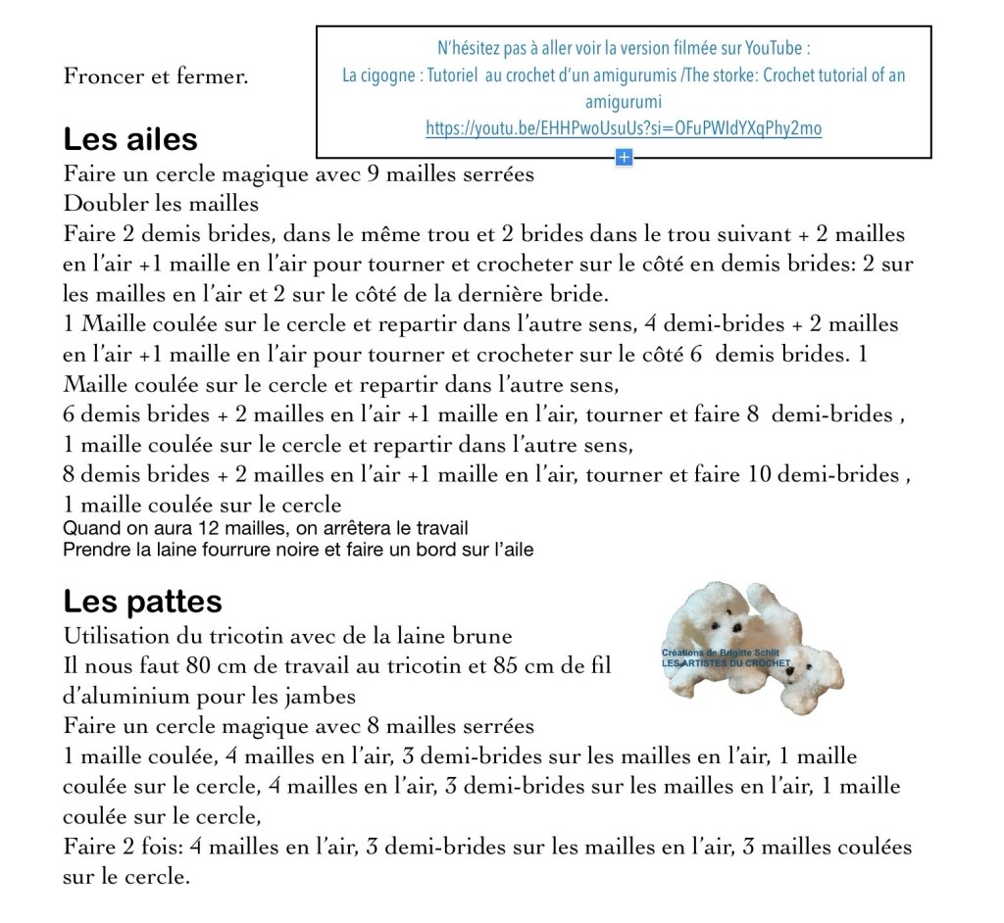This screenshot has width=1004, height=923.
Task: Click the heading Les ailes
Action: (130, 139)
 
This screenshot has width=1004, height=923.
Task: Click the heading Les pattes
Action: (142, 601)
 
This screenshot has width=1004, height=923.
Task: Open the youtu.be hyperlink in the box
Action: (624, 127)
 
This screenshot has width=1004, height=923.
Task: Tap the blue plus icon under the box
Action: (624, 157)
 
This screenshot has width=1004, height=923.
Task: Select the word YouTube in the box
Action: (777, 48)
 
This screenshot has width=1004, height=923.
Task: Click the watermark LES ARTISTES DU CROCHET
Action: (726, 662)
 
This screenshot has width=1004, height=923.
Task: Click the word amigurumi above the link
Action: (624, 102)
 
